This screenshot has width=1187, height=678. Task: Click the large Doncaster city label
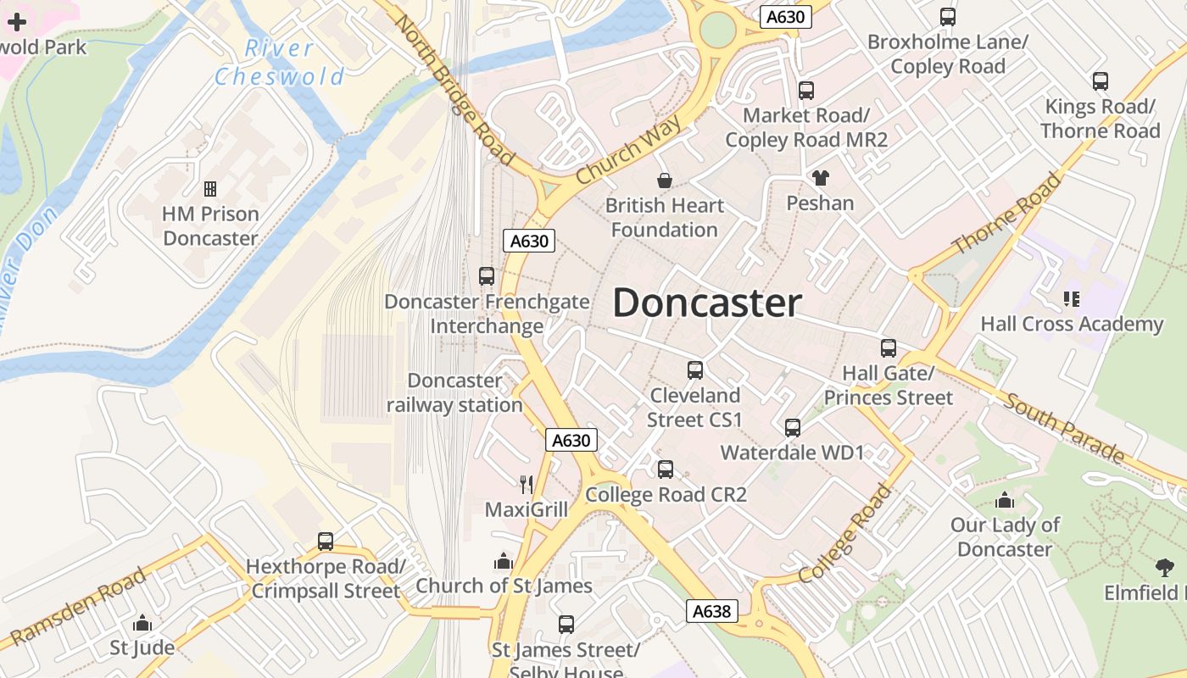pos(707,303)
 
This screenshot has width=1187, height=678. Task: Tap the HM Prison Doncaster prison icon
pos(210,189)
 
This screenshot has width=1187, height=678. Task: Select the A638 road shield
pos(712,611)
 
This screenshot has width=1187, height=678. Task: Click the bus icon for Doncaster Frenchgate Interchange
pos(487,276)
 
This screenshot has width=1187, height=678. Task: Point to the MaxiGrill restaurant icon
pos(527,485)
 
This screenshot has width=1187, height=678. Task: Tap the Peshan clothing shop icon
pos(820,178)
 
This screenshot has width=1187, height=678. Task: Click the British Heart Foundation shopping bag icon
pos(665,181)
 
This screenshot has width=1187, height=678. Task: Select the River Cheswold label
pos(280,63)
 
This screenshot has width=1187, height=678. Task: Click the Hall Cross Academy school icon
pos(1072,299)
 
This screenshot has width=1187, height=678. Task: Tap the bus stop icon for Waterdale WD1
pos(793,428)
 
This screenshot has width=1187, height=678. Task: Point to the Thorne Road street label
pos(1006,213)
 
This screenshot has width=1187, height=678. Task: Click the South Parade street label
pos(1063,428)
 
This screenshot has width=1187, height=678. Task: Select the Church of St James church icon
pos(504,561)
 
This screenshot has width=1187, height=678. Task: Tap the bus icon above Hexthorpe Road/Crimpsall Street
pos(326,542)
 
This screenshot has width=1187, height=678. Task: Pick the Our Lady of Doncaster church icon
pos(1005,500)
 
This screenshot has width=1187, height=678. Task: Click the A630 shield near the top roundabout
pos(786,17)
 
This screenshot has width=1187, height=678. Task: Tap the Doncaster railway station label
pos(454,393)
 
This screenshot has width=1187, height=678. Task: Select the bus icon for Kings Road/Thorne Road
pos(1101,81)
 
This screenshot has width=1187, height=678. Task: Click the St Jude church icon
pos(142,624)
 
